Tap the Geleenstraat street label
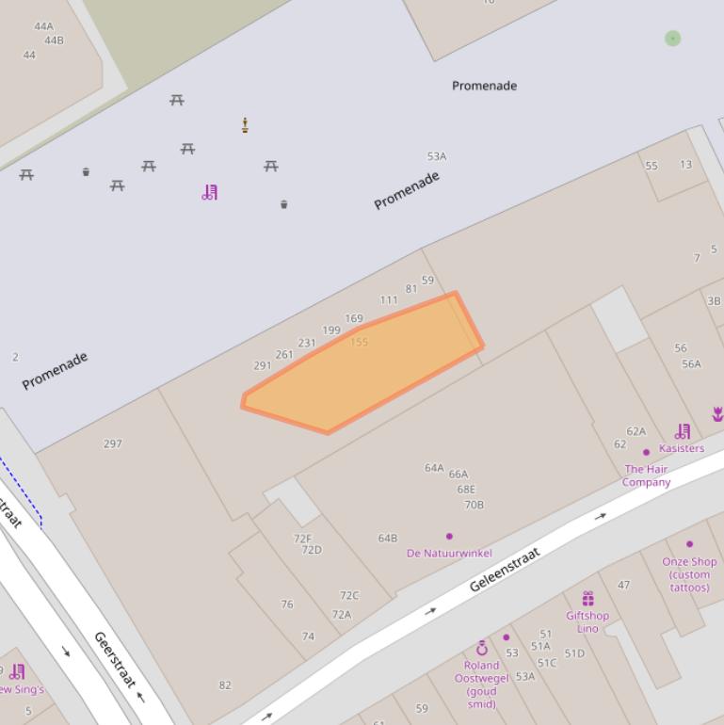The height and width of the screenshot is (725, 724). click(x=505, y=571)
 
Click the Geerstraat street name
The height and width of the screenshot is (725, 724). click(x=116, y=660)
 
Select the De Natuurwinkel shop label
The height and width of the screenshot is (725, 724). click(x=449, y=553)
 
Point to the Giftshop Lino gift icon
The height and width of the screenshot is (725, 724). click(x=587, y=599)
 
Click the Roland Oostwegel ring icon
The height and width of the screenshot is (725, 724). click(x=482, y=648)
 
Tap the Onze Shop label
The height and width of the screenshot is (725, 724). click(x=689, y=562)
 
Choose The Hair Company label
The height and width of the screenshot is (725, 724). click(x=646, y=475)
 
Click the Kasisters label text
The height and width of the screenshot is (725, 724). click(x=682, y=448)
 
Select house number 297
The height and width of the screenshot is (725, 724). click(x=113, y=443)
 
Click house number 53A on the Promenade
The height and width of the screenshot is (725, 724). click(x=437, y=156)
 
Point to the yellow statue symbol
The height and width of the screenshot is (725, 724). click(x=245, y=125)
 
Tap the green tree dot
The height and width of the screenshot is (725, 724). click(x=672, y=38)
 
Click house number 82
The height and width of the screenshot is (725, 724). click(x=225, y=685)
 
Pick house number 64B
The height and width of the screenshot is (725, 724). click(x=388, y=539)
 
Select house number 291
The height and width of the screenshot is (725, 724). click(x=263, y=366)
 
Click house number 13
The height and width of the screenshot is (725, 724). click(x=685, y=165)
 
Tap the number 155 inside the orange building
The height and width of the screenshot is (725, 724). click(x=359, y=343)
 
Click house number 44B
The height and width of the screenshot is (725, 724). click(x=54, y=40)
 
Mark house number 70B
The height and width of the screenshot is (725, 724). click(x=474, y=505)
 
